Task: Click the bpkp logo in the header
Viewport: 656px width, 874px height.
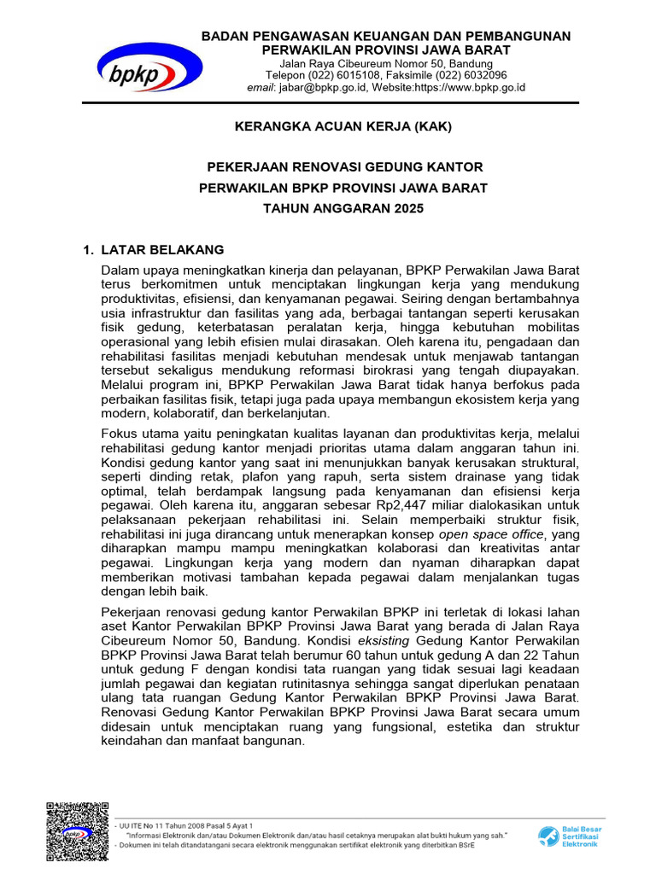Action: click(x=149, y=67)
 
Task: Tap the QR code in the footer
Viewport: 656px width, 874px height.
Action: click(x=78, y=833)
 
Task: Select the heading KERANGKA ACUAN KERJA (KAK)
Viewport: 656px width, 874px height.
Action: click(x=343, y=127)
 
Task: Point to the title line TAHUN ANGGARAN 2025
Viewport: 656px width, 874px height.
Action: click(x=343, y=208)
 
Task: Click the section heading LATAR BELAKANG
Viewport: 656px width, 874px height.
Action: click(x=162, y=250)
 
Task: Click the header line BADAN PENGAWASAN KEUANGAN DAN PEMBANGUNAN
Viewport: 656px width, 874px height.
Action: click(x=385, y=36)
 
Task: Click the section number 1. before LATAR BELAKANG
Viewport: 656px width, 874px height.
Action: click(x=86, y=250)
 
